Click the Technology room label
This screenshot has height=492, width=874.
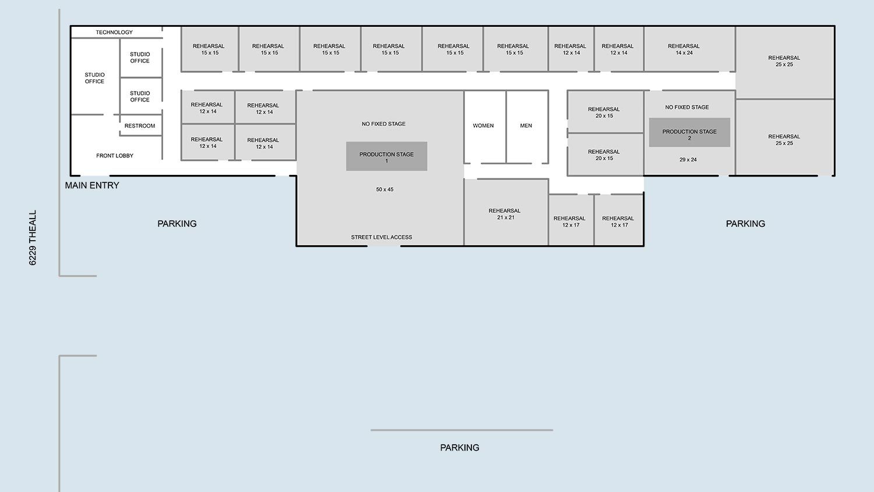pos(114,32)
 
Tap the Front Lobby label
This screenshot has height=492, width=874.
pos(115,156)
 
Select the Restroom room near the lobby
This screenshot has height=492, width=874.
pos(140,125)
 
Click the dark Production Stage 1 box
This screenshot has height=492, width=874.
pos(387,156)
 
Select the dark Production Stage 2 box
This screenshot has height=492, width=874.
pos(689,132)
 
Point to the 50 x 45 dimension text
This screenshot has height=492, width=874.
pos(385,189)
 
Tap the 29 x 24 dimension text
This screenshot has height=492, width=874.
pos(688,159)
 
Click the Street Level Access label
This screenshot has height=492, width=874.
pos(382,237)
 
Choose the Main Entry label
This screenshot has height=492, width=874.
pos(92,185)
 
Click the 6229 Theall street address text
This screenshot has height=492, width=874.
pos(33,238)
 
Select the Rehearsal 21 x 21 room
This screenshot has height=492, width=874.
pos(506,212)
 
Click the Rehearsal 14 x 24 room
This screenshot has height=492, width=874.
pos(689,49)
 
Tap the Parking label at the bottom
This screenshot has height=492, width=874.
pos(460,448)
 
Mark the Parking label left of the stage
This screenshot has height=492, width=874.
pos(177,224)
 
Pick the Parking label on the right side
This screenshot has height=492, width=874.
pos(746,224)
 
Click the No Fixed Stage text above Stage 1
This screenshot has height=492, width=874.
pos(383,124)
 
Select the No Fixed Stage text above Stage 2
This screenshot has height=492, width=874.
pos(687,107)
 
